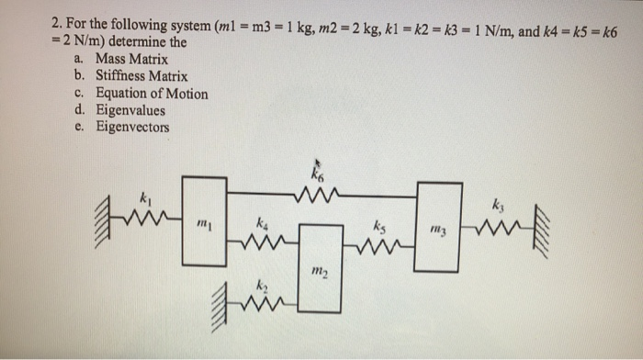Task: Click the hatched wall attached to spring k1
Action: (x=103, y=219)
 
